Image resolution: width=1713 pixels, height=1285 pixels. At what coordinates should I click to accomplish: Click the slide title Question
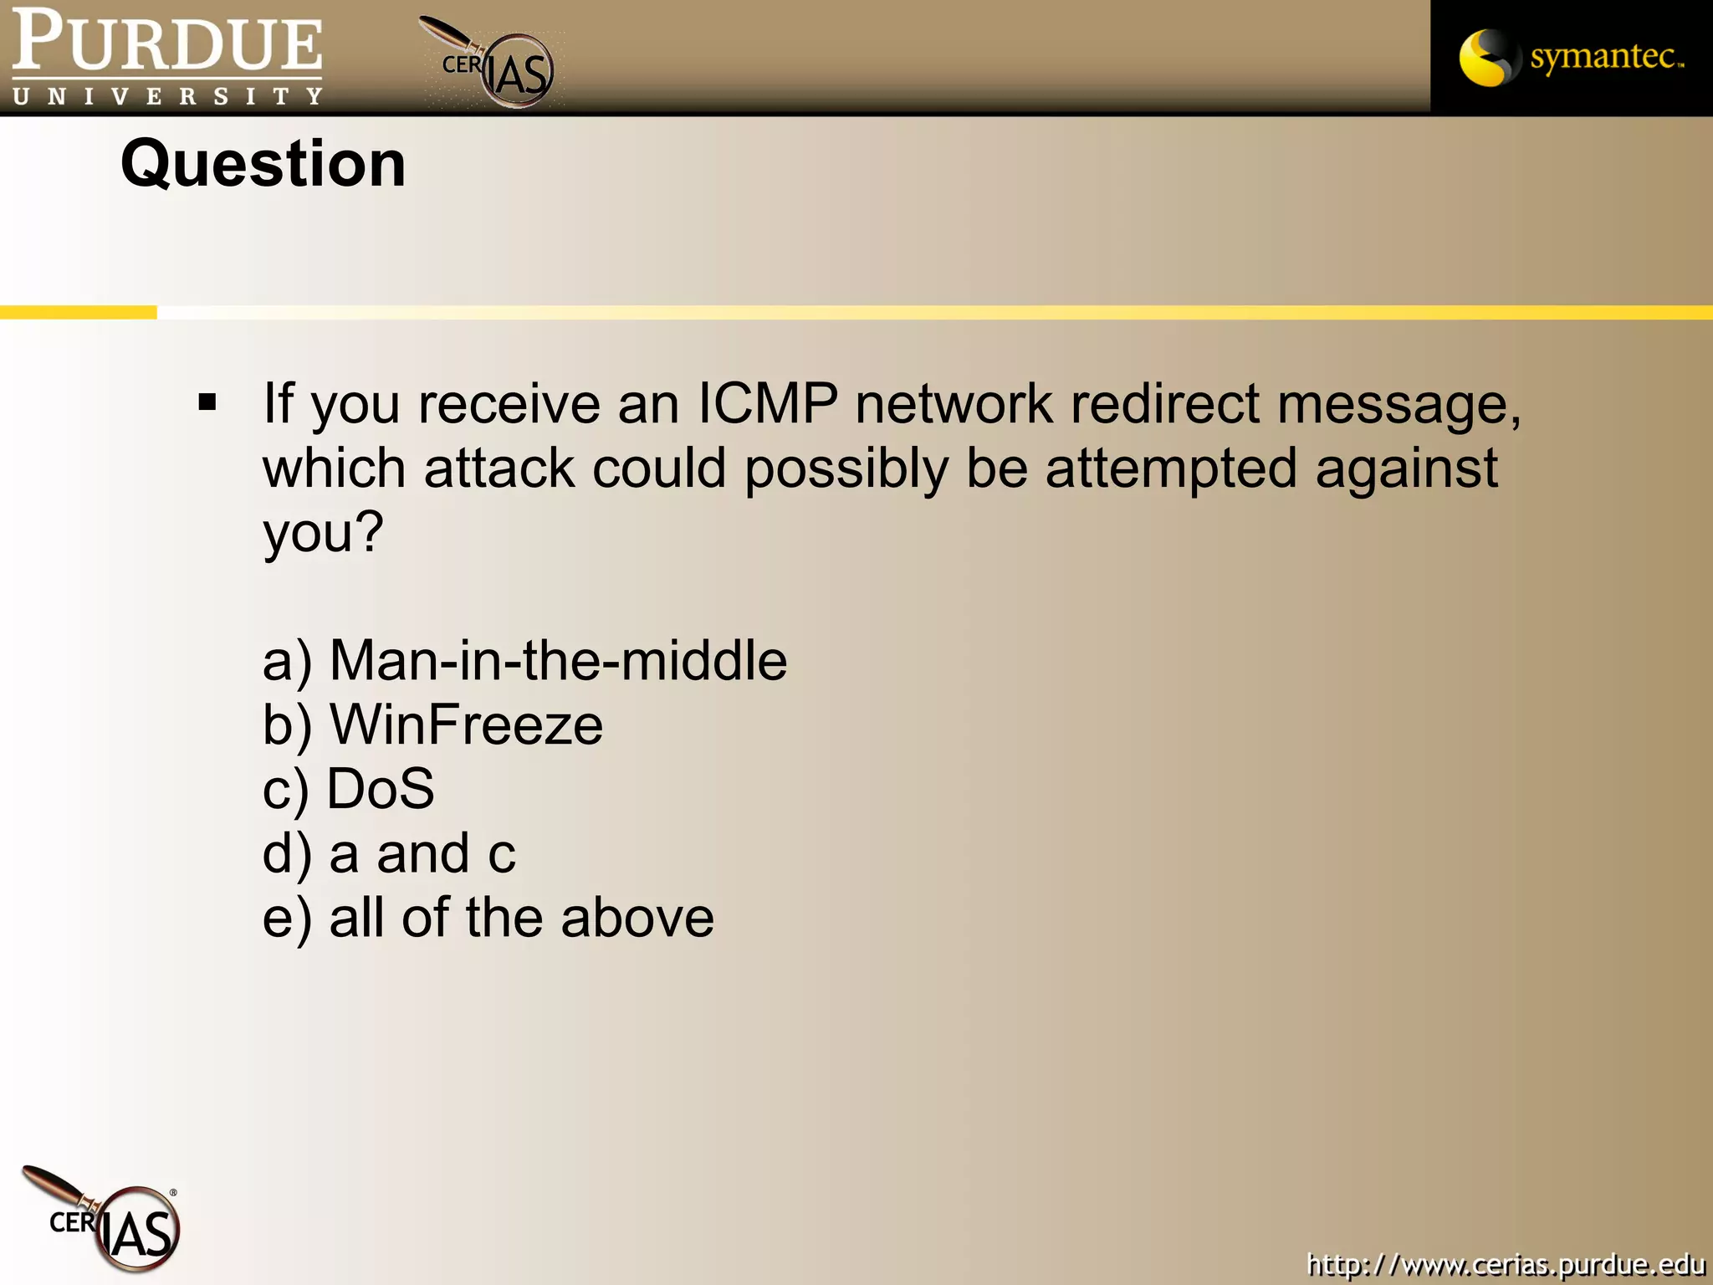pyautogui.click(x=263, y=163)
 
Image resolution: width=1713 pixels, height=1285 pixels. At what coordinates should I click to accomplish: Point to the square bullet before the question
pyautogui.click(x=207, y=403)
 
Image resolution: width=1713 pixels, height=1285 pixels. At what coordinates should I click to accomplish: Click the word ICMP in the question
pyautogui.click(x=767, y=403)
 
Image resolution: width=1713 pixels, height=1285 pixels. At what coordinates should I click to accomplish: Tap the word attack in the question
pyautogui.click(x=499, y=468)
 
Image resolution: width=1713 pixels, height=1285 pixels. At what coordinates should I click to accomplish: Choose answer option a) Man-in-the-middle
pyautogui.click(x=524, y=661)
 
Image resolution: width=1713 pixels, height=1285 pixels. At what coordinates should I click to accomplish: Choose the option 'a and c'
pyautogui.click(x=389, y=853)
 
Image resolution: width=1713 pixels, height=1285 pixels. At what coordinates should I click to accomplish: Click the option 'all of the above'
pyautogui.click(x=488, y=918)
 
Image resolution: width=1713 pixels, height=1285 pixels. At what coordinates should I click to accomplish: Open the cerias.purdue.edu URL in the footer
pyautogui.click(x=1506, y=1264)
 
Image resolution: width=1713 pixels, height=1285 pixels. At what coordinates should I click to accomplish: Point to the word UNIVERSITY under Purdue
pyautogui.click(x=167, y=96)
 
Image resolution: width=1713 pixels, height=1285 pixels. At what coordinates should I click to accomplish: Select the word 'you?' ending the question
pyautogui.click(x=323, y=532)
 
